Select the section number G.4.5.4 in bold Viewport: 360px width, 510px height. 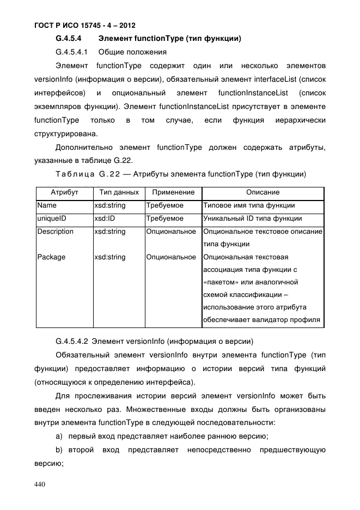pos(69,39)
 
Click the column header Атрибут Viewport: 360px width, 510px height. pos(64,192)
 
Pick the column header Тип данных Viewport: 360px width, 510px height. pos(119,192)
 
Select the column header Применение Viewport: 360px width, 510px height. pos(173,192)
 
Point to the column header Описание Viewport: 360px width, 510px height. pos(263,192)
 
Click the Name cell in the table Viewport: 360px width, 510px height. pos(47,205)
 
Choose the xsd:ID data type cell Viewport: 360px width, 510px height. pos(104,218)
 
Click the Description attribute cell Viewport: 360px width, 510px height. pos(55,232)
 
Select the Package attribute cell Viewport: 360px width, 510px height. pos(51,257)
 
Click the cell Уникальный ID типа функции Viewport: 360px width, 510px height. pos(252,218)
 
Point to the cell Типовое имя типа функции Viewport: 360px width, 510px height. pos(249,205)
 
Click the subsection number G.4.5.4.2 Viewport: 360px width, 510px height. pos(72,342)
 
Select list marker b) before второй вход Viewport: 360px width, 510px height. pos(59,450)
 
